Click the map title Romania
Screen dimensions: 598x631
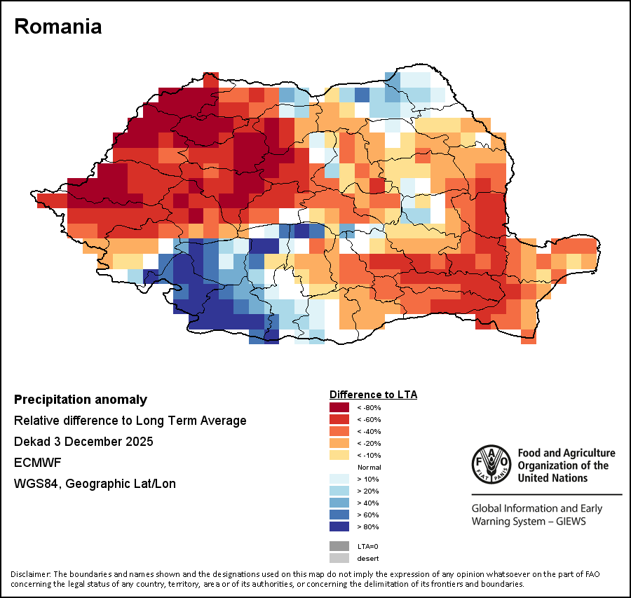(58, 27)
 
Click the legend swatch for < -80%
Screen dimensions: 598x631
(340, 407)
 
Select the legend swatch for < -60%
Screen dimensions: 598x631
(340, 419)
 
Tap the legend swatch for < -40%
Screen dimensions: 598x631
(340, 431)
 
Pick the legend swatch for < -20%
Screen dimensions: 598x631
(340, 443)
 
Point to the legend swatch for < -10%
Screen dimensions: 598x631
(340, 455)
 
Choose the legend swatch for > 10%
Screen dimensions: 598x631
(340, 479)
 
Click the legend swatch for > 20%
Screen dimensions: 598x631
(340, 491)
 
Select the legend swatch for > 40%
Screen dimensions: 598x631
(340, 503)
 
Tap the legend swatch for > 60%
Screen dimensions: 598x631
(340, 515)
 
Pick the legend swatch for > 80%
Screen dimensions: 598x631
(340, 526)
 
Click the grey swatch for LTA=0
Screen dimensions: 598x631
(340, 546)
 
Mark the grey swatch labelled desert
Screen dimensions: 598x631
(340, 558)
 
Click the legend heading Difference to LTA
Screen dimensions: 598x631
(373, 395)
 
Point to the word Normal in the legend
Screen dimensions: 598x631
(369, 467)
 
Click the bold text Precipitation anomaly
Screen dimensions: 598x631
(81, 400)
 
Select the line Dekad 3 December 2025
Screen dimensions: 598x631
(83, 442)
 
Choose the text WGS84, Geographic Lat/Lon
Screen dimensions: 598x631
(95, 484)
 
